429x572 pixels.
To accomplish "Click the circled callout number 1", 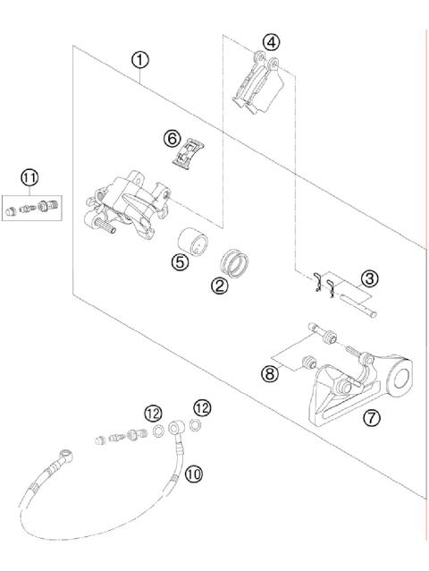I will pos(140,60).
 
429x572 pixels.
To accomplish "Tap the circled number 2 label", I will pos(217,286).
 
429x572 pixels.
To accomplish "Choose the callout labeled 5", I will pos(180,264).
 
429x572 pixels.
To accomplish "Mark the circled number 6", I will pos(172,139).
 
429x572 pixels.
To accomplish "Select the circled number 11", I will pos(30,177).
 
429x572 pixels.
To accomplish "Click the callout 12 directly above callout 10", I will pos(202,408).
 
